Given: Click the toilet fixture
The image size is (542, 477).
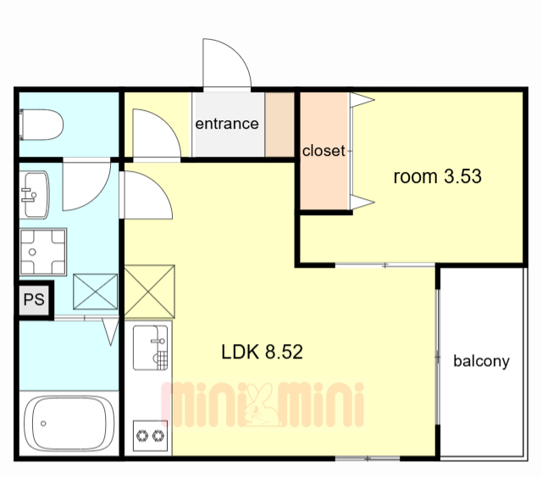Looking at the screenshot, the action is pos(41,125).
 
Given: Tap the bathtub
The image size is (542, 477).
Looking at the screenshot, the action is pos(69,424).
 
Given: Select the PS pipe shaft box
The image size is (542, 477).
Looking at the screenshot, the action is pos(34,299).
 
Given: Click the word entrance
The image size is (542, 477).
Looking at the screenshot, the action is pos(227,124).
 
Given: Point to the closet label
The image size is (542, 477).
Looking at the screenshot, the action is pos(324,151).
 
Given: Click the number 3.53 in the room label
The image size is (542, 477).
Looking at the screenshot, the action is pos(462,176).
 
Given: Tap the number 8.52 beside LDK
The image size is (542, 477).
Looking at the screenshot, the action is pos(284,352).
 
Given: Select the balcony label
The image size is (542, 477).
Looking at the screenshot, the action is pos(482,362).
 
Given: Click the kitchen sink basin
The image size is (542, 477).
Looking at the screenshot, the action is pos(151,347).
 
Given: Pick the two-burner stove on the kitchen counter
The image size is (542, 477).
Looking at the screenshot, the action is pos(150,435).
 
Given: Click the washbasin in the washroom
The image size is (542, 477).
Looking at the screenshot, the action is pos(34,195).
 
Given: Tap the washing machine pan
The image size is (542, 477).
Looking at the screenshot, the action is pos(43,252).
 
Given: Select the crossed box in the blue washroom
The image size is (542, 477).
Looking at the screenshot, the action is pos(96,291).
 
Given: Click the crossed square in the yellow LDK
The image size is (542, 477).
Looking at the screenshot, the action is pos(149,291).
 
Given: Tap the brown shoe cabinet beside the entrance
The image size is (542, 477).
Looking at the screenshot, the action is pos(279,125).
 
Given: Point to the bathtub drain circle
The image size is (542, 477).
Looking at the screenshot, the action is pos(43,424).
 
